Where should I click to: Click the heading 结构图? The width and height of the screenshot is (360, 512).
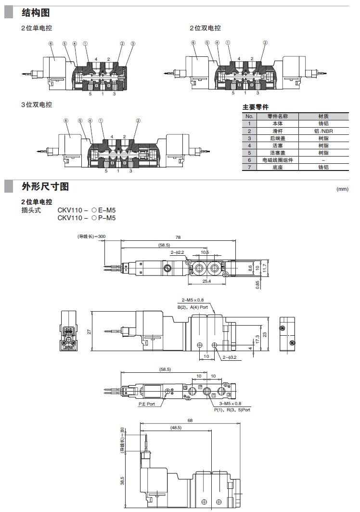[x=36, y=13]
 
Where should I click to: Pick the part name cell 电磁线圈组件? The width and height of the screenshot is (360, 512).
[x=278, y=160]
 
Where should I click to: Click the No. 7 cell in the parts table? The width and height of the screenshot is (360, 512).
[x=249, y=167]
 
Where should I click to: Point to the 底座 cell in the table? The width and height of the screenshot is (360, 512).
[x=278, y=167]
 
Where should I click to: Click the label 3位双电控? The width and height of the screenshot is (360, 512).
[x=37, y=105]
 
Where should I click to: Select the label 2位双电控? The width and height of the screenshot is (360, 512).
[x=205, y=28]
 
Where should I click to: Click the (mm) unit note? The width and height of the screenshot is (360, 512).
[x=342, y=189]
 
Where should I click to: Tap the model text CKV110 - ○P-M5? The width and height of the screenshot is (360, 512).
[x=87, y=218]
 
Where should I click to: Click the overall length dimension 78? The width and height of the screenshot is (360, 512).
[x=178, y=237]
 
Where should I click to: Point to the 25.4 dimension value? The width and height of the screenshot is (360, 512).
[x=206, y=281]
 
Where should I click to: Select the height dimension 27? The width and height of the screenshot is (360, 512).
[x=88, y=332]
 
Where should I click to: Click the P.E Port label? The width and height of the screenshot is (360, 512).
[x=147, y=404]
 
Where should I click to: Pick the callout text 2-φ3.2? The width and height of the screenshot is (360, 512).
[x=230, y=357]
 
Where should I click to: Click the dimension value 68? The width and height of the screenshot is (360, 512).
[x=190, y=420]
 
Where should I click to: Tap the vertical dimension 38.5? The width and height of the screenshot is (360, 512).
[x=122, y=481]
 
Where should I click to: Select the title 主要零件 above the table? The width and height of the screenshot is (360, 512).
[x=255, y=107]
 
